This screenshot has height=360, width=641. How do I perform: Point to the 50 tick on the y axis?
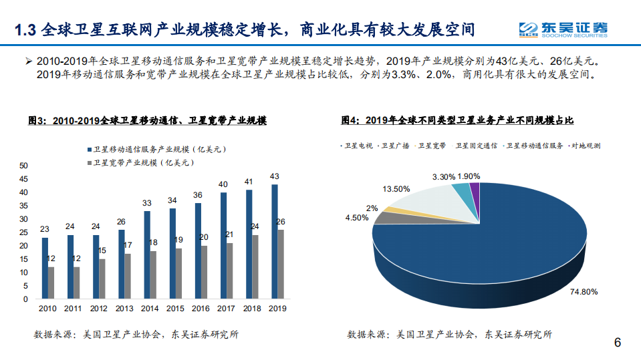(24, 166)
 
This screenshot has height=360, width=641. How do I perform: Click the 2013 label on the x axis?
(124, 309)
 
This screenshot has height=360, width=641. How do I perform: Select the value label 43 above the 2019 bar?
(275, 176)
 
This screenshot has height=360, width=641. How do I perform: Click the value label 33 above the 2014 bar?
(147, 203)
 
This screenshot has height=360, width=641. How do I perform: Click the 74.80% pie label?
(584, 292)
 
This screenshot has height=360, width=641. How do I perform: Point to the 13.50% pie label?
(396, 189)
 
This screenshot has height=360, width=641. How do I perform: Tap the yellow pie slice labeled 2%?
(386, 210)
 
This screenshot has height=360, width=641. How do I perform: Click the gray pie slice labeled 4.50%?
(384, 218)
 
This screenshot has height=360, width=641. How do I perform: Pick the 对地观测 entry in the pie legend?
(586, 145)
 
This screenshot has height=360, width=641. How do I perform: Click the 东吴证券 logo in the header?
(565, 29)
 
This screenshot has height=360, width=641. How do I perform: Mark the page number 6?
(618, 343)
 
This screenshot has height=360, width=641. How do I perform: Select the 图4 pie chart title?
(457, 120)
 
